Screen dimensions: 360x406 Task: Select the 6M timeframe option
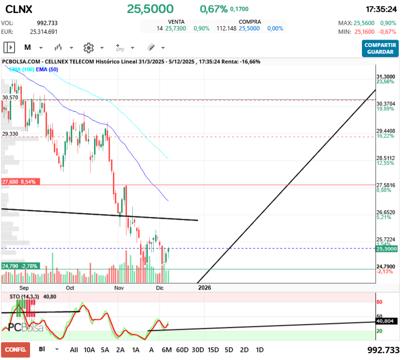point(167,349)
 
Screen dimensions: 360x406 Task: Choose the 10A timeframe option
point(89,349)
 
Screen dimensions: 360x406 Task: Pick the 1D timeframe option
point(260,349)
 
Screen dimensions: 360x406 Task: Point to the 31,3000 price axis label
point(386,77)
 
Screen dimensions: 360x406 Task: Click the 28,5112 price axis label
point(386,158)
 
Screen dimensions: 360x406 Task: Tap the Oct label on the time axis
point(70,287)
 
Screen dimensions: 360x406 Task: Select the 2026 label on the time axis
point(205,287)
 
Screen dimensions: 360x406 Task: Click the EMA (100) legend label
point(21,69)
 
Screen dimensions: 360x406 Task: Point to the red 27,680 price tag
point(21,182)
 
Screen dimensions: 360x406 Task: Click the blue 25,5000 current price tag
point(386,249)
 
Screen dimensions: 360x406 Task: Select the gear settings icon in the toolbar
point(88,47)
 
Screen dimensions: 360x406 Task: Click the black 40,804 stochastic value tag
point(386,321)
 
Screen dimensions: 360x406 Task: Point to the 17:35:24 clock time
point(381,9)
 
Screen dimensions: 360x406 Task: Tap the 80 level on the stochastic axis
point(380,302)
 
